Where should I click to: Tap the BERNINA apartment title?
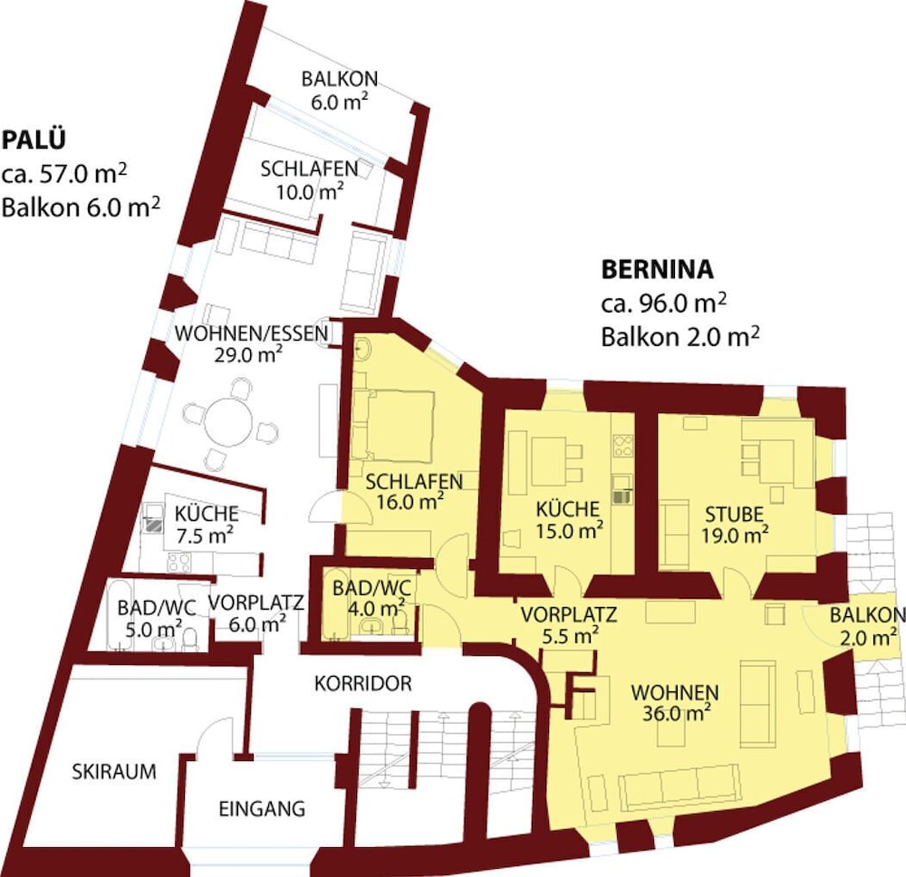(658, 269)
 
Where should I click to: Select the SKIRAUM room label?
(113, 772)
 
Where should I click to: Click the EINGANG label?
(262, 808)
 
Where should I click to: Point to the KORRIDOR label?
(362, 684)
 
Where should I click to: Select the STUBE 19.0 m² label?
(735, 524)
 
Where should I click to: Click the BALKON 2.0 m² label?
(866, 625)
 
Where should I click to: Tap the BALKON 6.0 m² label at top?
(340, 90)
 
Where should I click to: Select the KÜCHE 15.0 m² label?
(567, 519)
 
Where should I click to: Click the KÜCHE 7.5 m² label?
(207, 523)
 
